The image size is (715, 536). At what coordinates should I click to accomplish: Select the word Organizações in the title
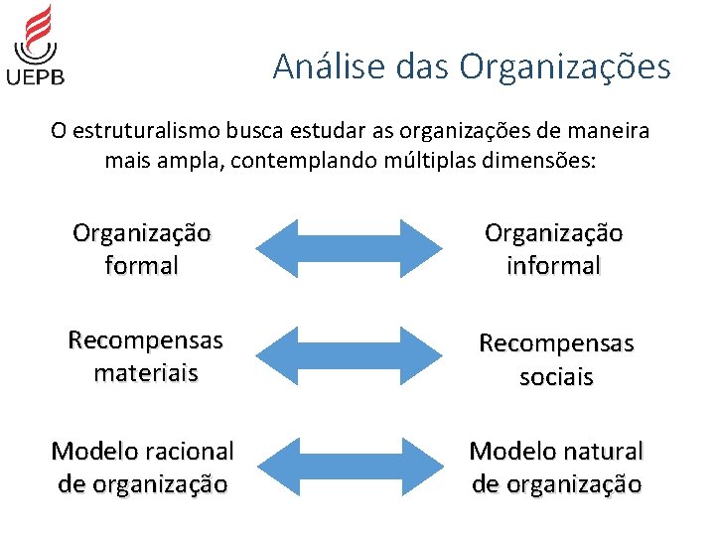565,67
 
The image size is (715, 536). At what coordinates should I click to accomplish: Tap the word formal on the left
141,266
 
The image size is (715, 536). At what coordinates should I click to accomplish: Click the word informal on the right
553,266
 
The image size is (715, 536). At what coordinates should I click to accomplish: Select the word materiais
145,373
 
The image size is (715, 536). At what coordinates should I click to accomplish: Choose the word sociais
556,377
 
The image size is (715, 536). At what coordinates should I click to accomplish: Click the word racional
186,452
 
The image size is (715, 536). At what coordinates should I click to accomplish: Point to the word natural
598,452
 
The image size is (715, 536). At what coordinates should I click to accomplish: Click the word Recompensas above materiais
145,340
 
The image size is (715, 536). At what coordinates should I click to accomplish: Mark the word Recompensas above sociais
556,343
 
